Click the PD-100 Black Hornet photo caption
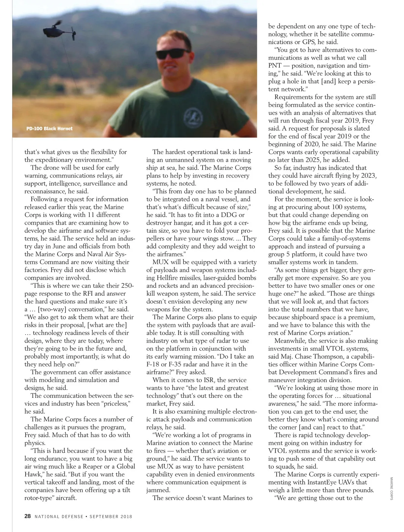pyautogui.click(x=49, y=128)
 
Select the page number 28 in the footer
pyautogui.click(x=28, y=516)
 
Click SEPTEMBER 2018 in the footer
pyautogui.click(x=111, y=517)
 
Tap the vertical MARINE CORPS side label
pyautogui.click(x=392, y=488)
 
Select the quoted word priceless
pyautogui.click(x=113, y=404)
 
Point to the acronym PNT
pyautogui.click(x=275, y=66)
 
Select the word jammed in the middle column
pyautogui.click(x=158, y=490)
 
